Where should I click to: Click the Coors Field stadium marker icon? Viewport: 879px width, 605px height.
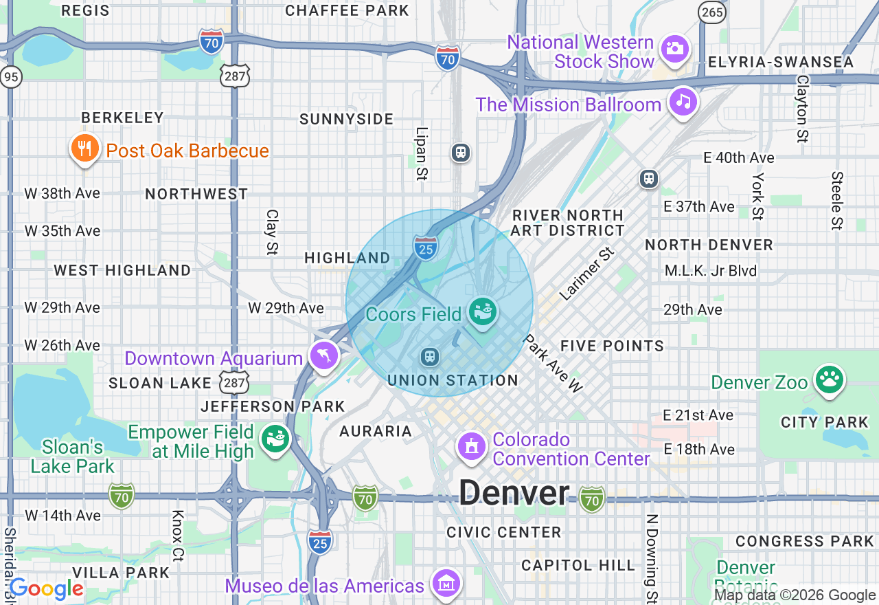click(x=483, y=312)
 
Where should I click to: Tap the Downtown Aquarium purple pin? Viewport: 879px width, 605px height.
click(x=325, y=356)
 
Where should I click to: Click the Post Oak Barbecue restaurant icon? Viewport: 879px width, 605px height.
click(x=84, y=148)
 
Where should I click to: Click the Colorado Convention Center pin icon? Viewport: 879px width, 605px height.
click(x=472, y=448)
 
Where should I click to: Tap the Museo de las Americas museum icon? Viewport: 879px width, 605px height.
click(x=446, y=584)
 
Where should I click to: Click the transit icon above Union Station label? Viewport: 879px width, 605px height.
click(x=430, y=357)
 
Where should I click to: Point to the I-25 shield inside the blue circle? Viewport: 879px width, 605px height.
click(x=426, y=247)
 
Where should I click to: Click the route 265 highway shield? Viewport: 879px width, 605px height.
click(x=711, y=10)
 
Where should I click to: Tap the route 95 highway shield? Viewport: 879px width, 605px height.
click(x=10, y=77)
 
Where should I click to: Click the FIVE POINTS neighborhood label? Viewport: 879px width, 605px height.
click(x=612, y=346)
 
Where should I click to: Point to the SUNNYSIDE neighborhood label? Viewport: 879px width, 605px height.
click(x=347, y=119)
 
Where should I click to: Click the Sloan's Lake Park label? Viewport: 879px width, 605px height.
click(x=72, y=456)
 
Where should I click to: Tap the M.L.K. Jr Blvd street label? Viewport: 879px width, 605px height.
click(x=710, y=271)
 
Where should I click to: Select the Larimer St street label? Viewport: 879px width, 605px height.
click(x=586, y=275)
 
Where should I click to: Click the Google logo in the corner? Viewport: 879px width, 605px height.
click(x=47, y=588)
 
